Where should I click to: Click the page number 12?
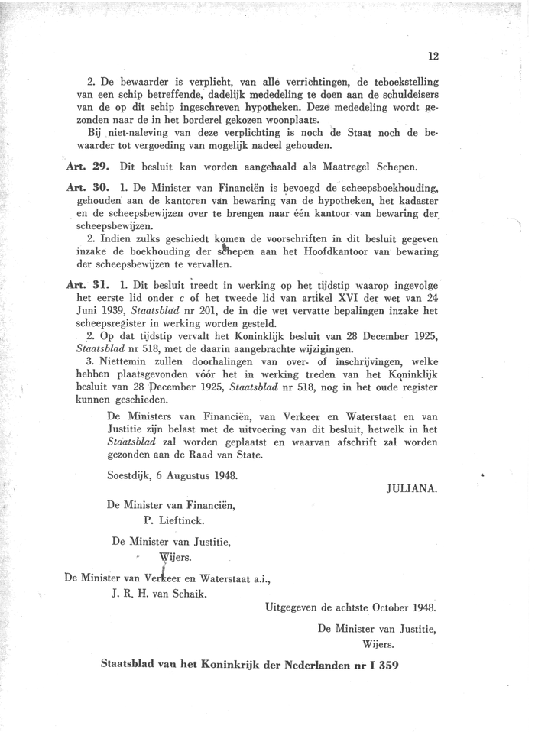433,56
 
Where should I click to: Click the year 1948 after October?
421,608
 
